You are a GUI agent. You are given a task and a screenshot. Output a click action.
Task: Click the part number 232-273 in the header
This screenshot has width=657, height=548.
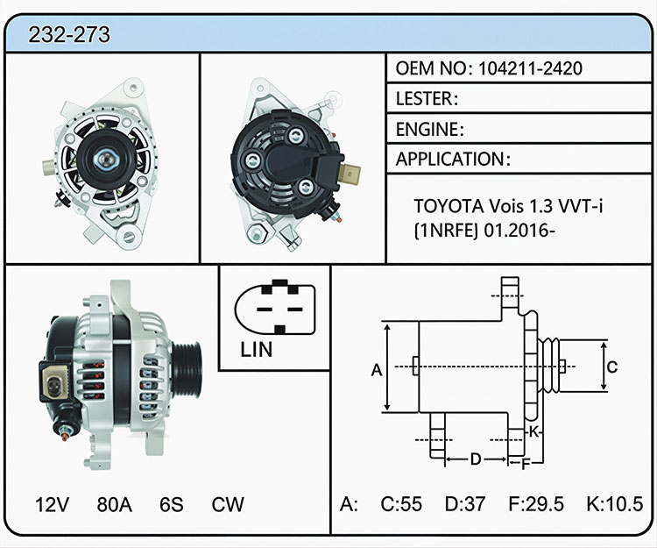tap(69, 34)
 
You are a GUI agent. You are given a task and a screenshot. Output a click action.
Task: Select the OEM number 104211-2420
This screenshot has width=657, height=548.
tap(530, 68)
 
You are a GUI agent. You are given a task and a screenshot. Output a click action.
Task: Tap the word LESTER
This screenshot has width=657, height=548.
tap(424, 98)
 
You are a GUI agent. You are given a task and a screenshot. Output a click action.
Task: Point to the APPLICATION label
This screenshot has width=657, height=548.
tap(449, 159)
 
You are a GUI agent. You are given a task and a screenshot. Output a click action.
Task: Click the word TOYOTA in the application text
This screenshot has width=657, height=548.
tap(447, 206)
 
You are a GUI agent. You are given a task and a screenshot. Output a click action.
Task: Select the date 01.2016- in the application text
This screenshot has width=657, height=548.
tap(519, 231)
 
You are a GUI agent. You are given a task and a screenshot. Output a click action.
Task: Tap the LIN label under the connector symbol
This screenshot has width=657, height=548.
tap(256, 349)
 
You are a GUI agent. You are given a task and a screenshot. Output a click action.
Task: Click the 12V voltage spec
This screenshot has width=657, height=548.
tap(52, 504)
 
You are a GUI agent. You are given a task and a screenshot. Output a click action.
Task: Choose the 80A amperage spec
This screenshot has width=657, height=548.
tap(115, 504)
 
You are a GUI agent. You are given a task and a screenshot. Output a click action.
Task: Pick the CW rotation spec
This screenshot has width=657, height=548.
tap(228, 504)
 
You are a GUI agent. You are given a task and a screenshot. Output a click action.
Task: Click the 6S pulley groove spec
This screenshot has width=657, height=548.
tap(172, 504)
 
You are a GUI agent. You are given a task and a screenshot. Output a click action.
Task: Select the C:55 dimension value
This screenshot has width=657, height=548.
tap(401, 504)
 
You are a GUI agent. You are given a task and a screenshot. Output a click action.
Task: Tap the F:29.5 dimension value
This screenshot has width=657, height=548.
tap(536, 504)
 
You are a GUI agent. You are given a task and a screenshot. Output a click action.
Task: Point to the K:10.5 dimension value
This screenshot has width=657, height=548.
tap(615, 504)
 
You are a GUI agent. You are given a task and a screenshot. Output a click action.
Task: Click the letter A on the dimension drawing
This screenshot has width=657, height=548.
tap(377, 370)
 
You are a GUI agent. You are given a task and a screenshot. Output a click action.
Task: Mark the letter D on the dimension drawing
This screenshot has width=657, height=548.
tap(475, 459)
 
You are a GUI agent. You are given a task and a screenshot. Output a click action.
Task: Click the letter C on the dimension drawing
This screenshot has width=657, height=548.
tap(612, 367)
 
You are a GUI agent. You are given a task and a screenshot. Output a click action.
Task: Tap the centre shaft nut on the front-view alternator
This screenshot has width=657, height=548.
tap(105, 159)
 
